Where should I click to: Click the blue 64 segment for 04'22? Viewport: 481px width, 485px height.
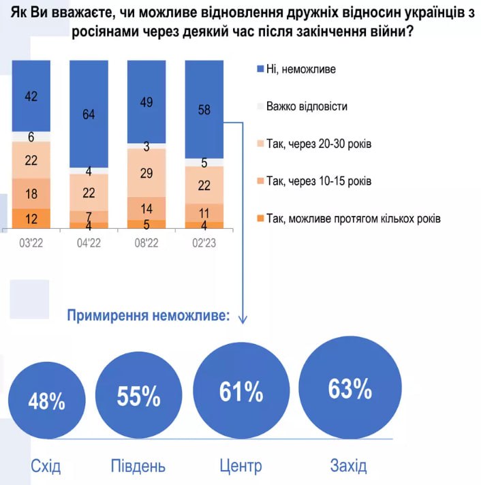[x=89, y=114]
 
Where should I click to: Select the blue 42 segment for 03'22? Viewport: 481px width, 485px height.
[x=31, y=96]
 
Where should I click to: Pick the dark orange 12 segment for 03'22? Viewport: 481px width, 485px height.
[x=31, y=219]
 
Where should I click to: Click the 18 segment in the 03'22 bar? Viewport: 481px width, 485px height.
[x=31, y=193]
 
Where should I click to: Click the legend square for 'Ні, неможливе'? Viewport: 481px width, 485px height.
[x=260, y=69]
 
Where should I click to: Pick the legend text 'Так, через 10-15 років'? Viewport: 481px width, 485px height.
[x=319, y=181]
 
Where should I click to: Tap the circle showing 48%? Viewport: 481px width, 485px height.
[x=47, y=401]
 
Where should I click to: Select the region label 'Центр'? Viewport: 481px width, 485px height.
[x=240, y=467]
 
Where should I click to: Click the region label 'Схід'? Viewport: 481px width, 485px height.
[x=46, y=467]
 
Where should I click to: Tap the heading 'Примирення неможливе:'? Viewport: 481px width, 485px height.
[x=148, y=315]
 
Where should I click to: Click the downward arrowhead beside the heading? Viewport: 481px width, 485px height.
[x=243, y=317]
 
